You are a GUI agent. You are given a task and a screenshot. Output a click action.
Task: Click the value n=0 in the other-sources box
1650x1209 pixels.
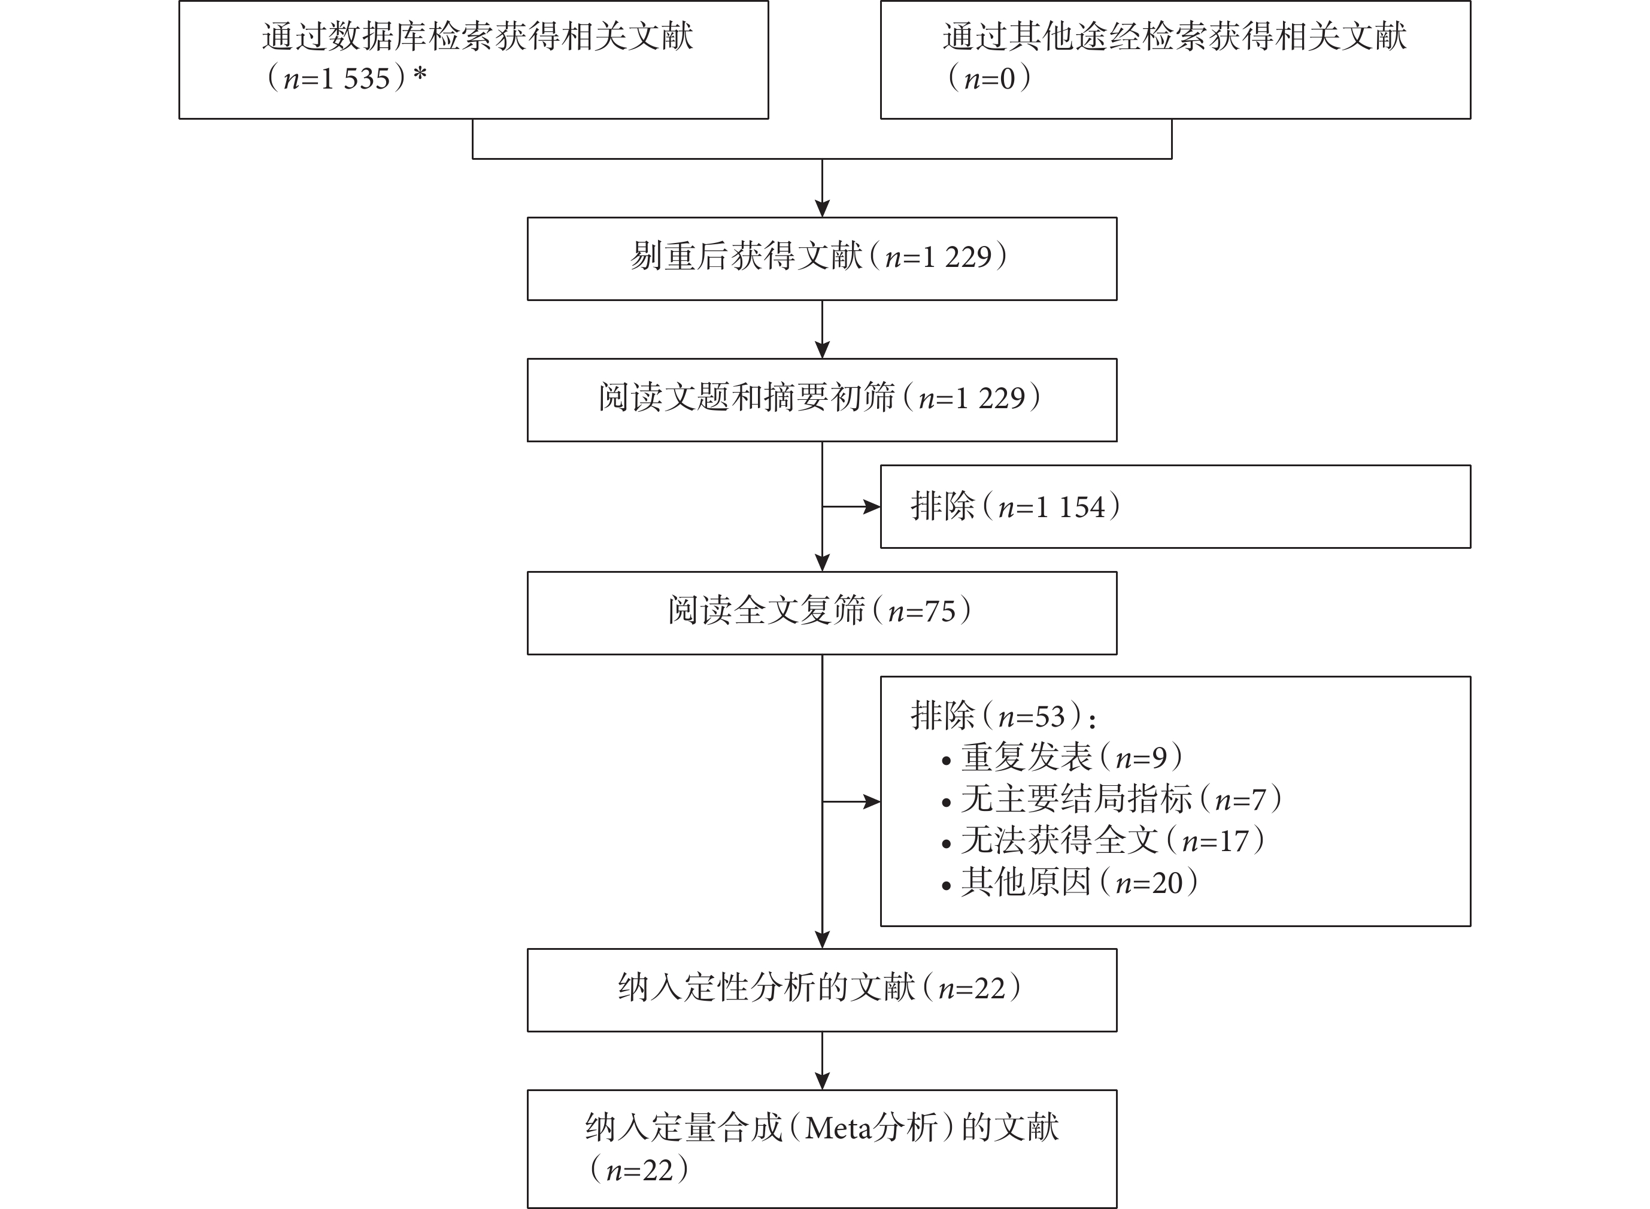tap(990, 78)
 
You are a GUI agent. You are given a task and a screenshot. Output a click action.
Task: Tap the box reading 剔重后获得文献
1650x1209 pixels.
tap(822, 259)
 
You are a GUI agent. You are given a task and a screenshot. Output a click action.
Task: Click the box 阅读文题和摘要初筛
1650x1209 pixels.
tap(822, 400)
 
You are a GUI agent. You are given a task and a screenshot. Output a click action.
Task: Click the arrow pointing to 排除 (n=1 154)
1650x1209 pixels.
tap(851, 506)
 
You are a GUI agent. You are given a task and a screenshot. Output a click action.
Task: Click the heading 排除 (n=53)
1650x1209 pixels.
tap(1003, 716)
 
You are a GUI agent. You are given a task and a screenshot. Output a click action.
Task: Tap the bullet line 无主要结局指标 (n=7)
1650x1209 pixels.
tap(1112, 798)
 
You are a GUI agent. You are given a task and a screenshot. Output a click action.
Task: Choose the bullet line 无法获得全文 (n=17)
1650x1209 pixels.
tap(1103, 840)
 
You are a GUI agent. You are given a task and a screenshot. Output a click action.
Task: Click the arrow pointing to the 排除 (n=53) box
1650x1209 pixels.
tap(851, 801)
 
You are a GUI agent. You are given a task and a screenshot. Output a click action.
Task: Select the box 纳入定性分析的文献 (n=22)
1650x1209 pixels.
tap(822, 990)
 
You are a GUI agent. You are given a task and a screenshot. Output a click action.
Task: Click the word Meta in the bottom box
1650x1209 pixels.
tap(839, 1128)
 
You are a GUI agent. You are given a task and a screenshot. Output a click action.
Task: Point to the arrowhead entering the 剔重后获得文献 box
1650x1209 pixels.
tap(822, 208)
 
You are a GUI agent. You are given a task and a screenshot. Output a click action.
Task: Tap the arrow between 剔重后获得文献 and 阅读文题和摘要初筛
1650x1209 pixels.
tap(822, 329)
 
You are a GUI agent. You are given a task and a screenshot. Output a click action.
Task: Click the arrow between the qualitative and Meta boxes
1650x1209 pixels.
tap(822, 1061)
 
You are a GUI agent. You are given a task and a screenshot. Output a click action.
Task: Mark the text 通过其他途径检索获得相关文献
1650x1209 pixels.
tap(1174, 37)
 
